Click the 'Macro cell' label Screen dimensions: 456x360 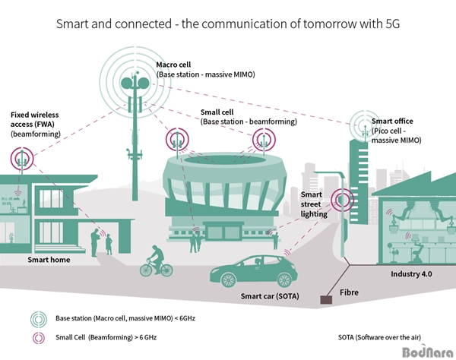[x=173, y=65]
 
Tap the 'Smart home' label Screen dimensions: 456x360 [x=49, y=260]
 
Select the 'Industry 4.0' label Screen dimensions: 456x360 [x=411, y=273]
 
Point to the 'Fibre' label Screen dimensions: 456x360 [x=349, y=292]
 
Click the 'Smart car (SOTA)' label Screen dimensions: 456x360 [x=270, y=296]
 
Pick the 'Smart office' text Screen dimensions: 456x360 [x=392, y=121]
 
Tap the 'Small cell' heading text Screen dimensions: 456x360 [x=217, y=112]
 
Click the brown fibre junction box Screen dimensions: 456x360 [x=326, y=299]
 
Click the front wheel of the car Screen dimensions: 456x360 [x=227, y=280]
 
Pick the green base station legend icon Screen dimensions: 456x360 [x=39, y=319]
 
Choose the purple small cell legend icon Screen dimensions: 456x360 [x=39, y=338]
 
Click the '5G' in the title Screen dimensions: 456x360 [x=393, y=24]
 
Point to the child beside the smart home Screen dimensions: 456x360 [x=109, y=245]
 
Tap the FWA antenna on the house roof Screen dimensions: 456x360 [x=22, y=159]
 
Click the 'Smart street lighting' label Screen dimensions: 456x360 [x=314, y=204]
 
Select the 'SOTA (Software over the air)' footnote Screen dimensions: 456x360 [x=379, y=337]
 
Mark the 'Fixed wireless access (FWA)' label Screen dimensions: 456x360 [x=35, y=119]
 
